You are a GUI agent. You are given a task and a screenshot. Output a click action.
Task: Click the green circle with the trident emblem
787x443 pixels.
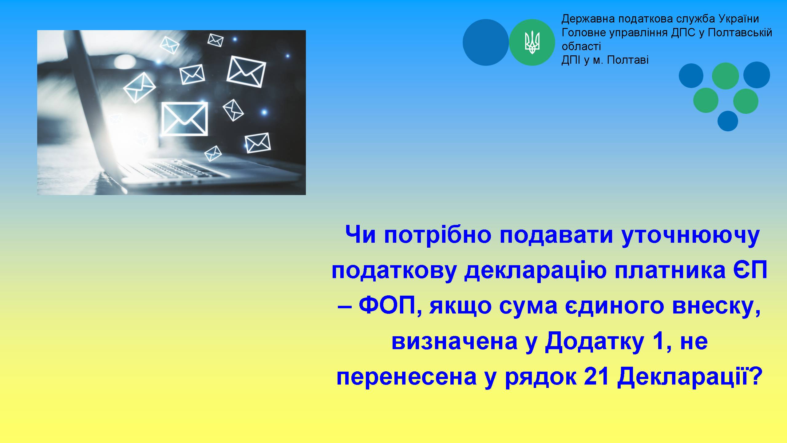[532, 42]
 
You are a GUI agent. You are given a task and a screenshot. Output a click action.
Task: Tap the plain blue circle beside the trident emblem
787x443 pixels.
[486, 42]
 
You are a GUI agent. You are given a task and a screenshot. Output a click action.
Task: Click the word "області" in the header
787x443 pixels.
[581, 46]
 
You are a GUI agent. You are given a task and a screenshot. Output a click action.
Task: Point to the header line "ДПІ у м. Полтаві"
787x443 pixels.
[605, 60]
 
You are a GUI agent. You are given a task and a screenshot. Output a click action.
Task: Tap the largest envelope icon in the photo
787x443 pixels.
[184, 119]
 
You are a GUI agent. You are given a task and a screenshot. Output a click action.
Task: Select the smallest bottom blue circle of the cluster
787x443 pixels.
[728, 121]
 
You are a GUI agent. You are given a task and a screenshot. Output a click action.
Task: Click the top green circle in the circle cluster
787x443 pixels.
[726, 76]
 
